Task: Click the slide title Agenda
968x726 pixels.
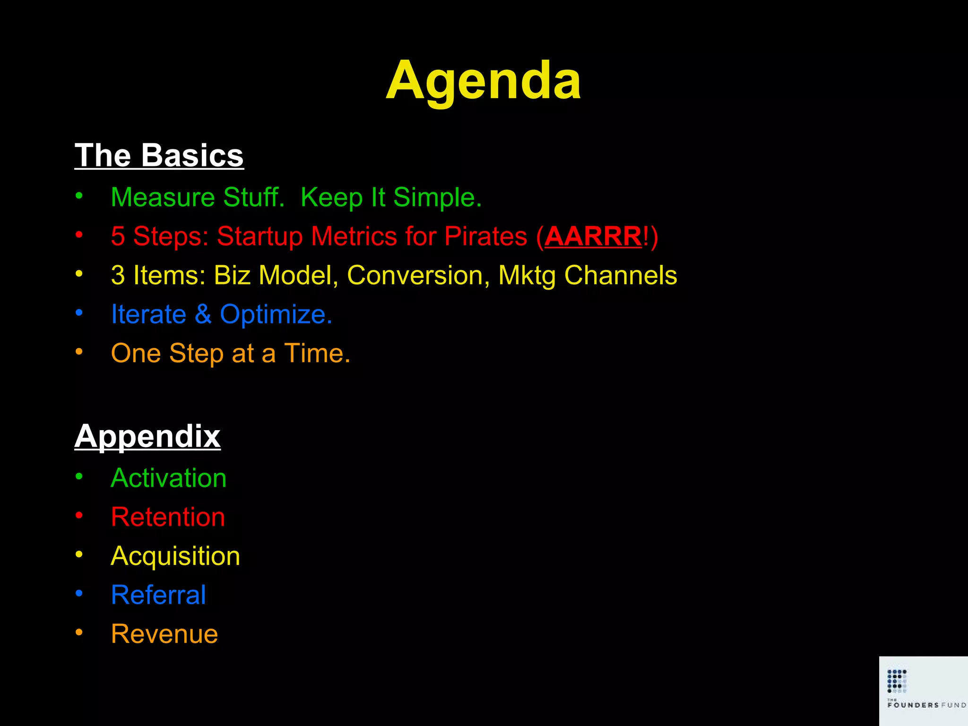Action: tap(483, 80)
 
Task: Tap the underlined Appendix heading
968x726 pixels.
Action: tap(147, 436)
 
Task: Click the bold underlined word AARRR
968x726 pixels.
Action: tap(593, 236)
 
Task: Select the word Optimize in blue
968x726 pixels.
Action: tap(276, 314)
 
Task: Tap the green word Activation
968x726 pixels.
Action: tap(169, 478)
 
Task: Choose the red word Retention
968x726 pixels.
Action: tap(168, 517)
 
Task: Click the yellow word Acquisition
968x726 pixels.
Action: tap(175, 556)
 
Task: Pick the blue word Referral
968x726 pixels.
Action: tap(158, 595)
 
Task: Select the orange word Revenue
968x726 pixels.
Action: tap(164, 634)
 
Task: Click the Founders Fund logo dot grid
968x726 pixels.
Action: tap(897, 681)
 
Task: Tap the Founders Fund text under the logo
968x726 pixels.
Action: tap(926, 705)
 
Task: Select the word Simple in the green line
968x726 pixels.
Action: tap(437, 197)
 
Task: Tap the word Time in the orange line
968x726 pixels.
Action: tap(317, 353)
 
